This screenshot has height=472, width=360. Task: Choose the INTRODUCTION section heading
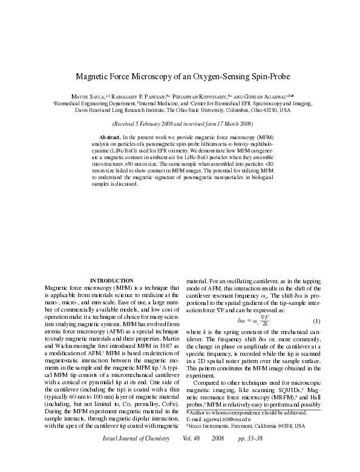(x=111, y=281)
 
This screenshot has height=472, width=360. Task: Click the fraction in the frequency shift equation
(x=264, y=320)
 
